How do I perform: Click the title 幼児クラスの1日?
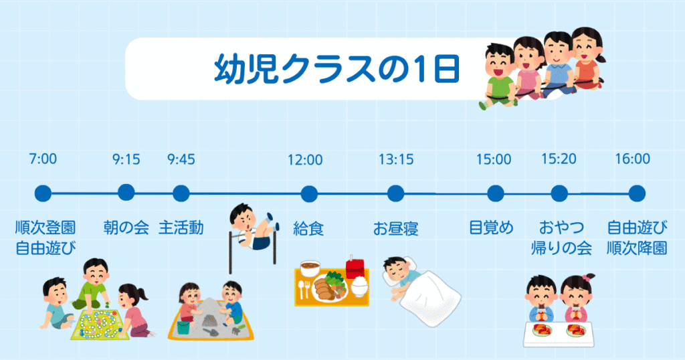[x=336, y=69]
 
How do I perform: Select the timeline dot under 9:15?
[x=126, y=193]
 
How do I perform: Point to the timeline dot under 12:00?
[x=308, y=194]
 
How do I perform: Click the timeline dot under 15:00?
[x=495, y=193]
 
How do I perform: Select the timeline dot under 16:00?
[x=637, y=193]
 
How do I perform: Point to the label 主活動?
[x=181, y=228]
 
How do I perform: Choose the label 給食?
[x=308, y=228]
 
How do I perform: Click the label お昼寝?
[x=396, y=228]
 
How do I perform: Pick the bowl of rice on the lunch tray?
[x=360, y=287]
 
